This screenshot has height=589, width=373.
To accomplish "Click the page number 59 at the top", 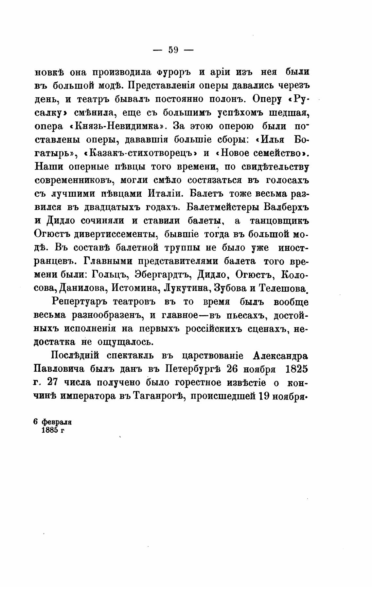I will click(x=173, y=50).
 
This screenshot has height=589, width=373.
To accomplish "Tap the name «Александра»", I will click(x=281, y=356).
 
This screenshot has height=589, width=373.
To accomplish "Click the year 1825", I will click(x=296, y=369).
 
